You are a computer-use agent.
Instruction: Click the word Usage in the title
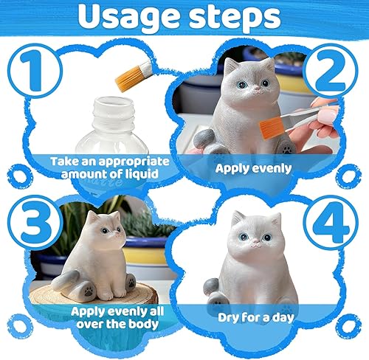coord(128,16)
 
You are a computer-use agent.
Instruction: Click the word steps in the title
coord(235,18)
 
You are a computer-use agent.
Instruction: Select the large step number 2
coord(330,71)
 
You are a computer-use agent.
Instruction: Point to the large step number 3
coord(36,222)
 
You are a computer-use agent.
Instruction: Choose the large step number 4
coord(331,222)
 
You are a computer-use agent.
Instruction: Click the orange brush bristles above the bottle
coord(128,78)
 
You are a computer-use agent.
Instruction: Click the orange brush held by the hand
coord(272,128)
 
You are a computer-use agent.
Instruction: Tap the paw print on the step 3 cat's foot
coord(89,291)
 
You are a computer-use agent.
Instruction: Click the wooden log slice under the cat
coord(94,295)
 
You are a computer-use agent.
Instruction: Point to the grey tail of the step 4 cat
coord(211,286)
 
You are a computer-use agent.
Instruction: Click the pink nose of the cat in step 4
coord(255,242)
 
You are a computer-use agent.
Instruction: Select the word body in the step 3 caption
coord(144,324)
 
